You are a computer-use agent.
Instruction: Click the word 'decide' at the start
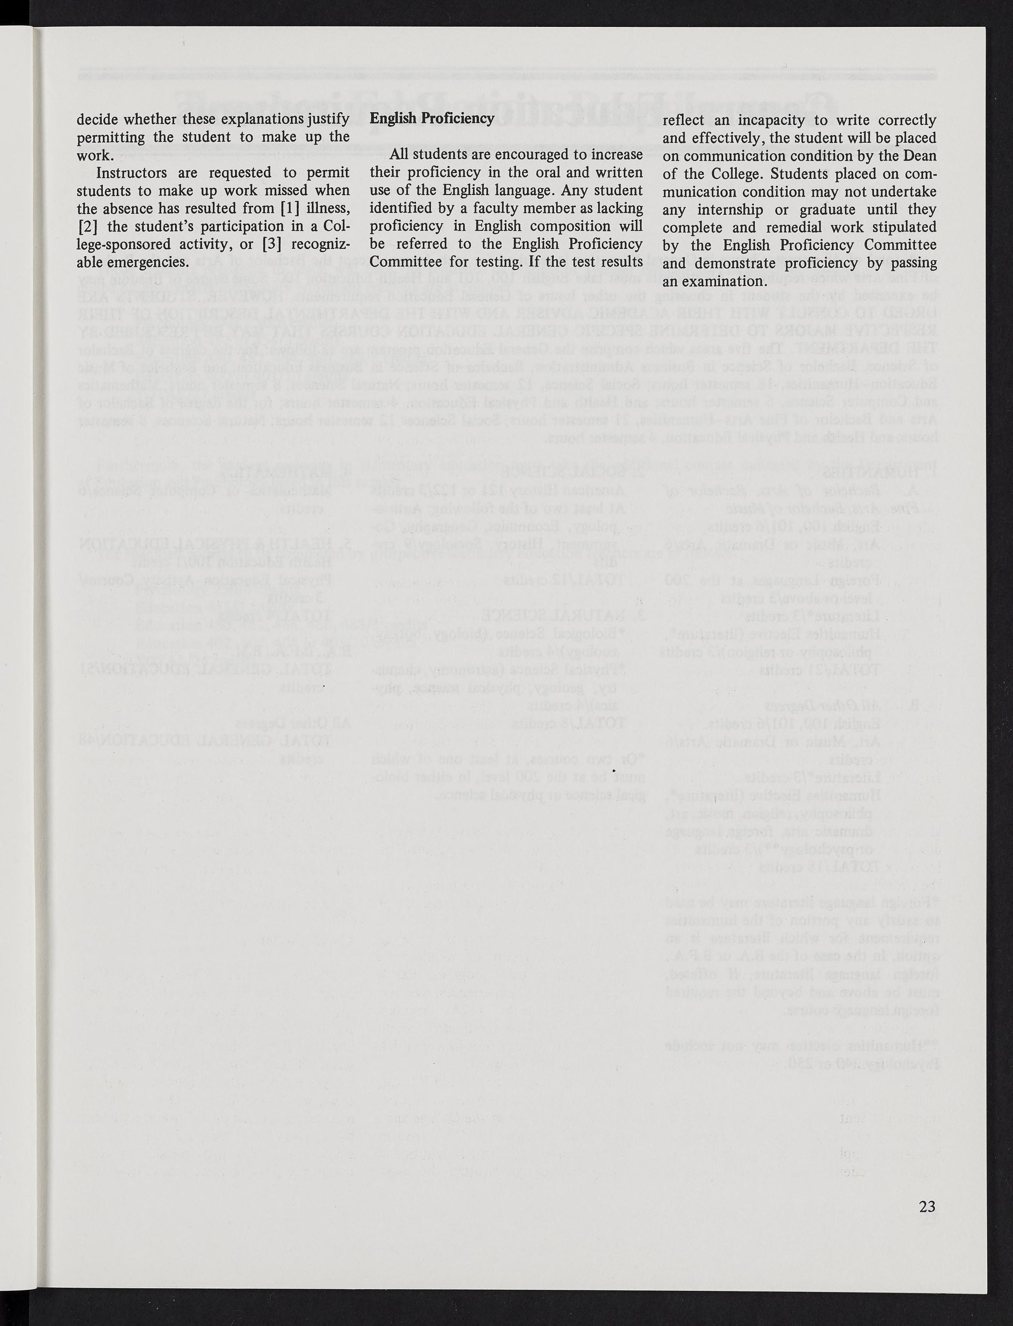[97, 119]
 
